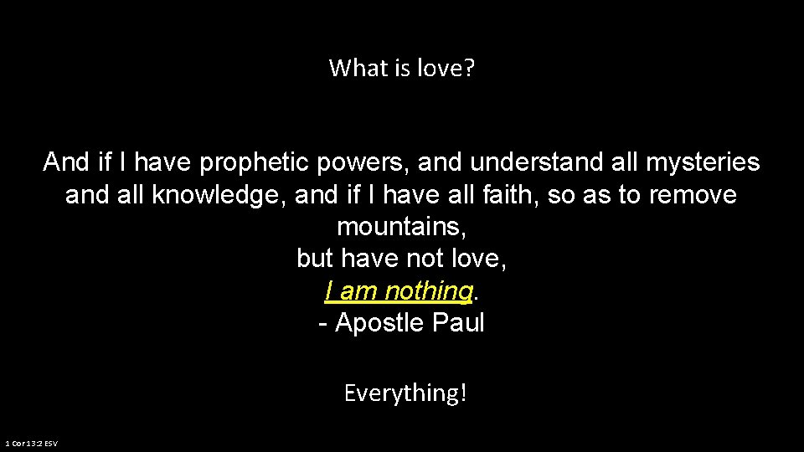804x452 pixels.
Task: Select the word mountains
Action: pyautogui.click(x=401, y=227)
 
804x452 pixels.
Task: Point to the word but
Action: pyautogui.click(x=315, y=259)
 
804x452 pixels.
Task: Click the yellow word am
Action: pyautogui.click(x=358, y=291)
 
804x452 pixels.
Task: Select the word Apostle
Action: pyautogui.click(x=379, y=323)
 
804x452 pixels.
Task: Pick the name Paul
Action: pyautogui.click(x=458, y=323)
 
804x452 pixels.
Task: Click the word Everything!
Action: pyautogui.click(x=405, y=393)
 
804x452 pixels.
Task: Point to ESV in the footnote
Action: pyautogui.click(x=51, y=443)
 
